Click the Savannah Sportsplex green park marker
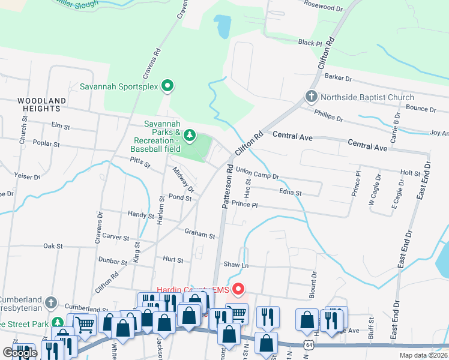[x=169, y=86]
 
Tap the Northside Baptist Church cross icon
[x=311, y=97]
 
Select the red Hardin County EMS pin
[x=238, y=290]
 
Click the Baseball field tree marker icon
[x=190, y=135]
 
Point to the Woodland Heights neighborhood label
[x=39, y=104]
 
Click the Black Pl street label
[x=310, y=43]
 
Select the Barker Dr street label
[x=337, y=77]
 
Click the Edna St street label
[x=290, y=193]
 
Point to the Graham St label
[x=199, y=235]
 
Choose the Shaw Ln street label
[x=235, y=265]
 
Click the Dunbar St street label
[x=113, y=262]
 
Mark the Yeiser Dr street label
[x=27, y=176]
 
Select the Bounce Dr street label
[x=420, y=109]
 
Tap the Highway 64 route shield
[x=309, y=345]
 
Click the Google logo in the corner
[x=19, y=353]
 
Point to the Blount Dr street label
[x=313, y=279]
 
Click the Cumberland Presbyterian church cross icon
[x=50, y=302]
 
